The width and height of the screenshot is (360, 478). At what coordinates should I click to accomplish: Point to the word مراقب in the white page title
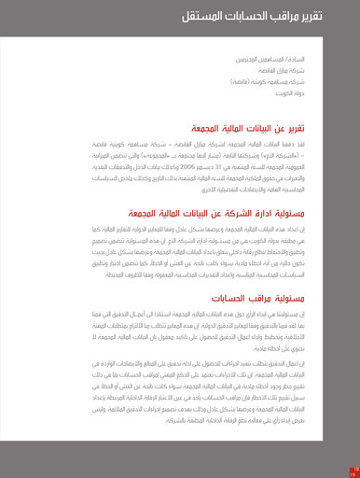tap(283, 17)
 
